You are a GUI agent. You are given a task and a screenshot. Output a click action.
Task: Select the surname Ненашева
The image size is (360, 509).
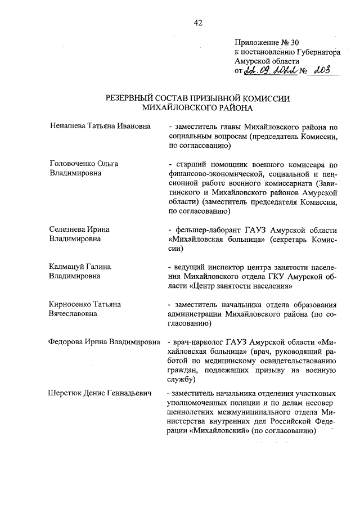67,127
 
